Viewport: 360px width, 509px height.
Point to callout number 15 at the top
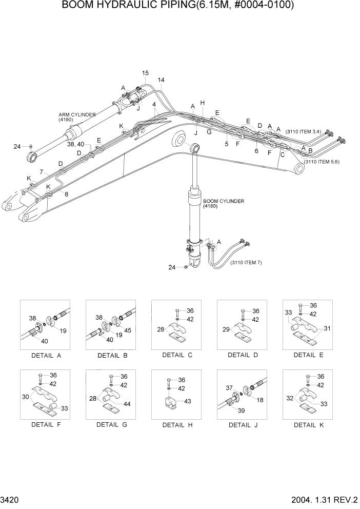[145, 73]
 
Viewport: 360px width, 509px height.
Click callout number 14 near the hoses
[161, 80]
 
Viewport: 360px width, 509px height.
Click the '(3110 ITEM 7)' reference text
[246, 263]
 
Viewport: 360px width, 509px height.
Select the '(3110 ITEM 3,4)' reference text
[304, 132]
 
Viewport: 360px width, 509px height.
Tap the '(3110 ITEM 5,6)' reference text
[322, 162]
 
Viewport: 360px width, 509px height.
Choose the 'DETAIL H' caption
[174, 425]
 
